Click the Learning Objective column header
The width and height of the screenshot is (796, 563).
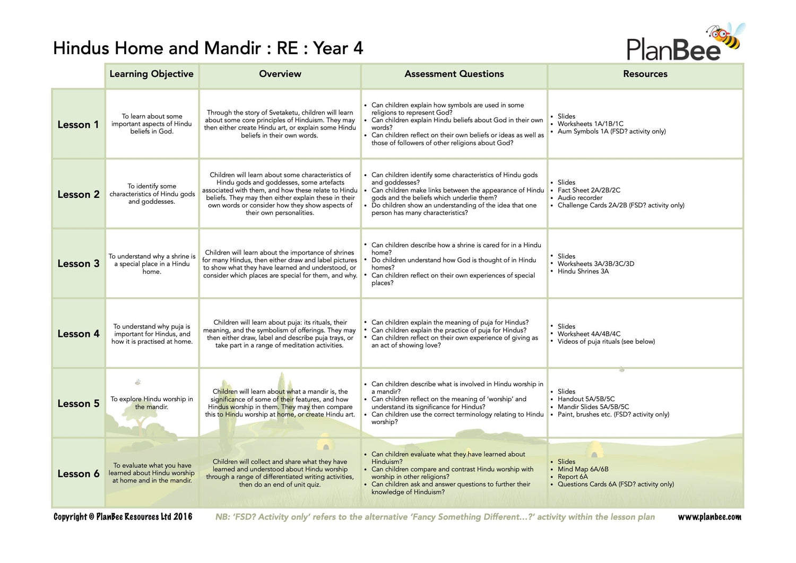pyautogui.click(x=151, y=74)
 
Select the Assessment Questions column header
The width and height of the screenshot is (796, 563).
pyautogui.click(x=454, y=74)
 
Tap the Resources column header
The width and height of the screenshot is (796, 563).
pyautogui.click(x=645, y=74)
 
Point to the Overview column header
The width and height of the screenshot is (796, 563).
pyautogui.click(x=280, y=74)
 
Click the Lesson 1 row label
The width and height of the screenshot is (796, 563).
pyautogui.click(x=78, y=125)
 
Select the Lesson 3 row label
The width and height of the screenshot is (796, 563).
pyautogui.click(x=78, y=264)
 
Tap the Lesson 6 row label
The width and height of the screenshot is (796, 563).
pyautogui.click(x=78, y=474)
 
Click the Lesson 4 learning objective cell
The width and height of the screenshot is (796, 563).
pyautogui.click(x=152, y=334)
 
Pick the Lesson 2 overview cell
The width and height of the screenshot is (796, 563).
pyautogui.click(x=280, y=194)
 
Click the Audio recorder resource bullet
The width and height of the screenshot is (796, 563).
pyautogui.click(x=579, y=198)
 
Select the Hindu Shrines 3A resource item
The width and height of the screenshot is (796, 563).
pyautogui.click(x=583, y=271)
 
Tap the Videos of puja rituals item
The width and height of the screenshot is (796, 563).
pyautogui.click(x=605, y=342)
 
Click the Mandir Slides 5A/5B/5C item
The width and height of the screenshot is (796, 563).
pyautogui.click(x=593, y=407)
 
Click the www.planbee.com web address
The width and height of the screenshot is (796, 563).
pyautogui.click(x=709, y=517)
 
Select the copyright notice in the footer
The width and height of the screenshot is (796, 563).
pyautogui.click(x=123, y=517)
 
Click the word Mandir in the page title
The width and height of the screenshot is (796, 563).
pyautogui.click(x=233, y=48)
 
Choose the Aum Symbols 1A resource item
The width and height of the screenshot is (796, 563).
pyautogui.click(x=611, y=132)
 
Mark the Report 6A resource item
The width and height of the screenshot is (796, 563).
pyautogui.click(x=572, y=477)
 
